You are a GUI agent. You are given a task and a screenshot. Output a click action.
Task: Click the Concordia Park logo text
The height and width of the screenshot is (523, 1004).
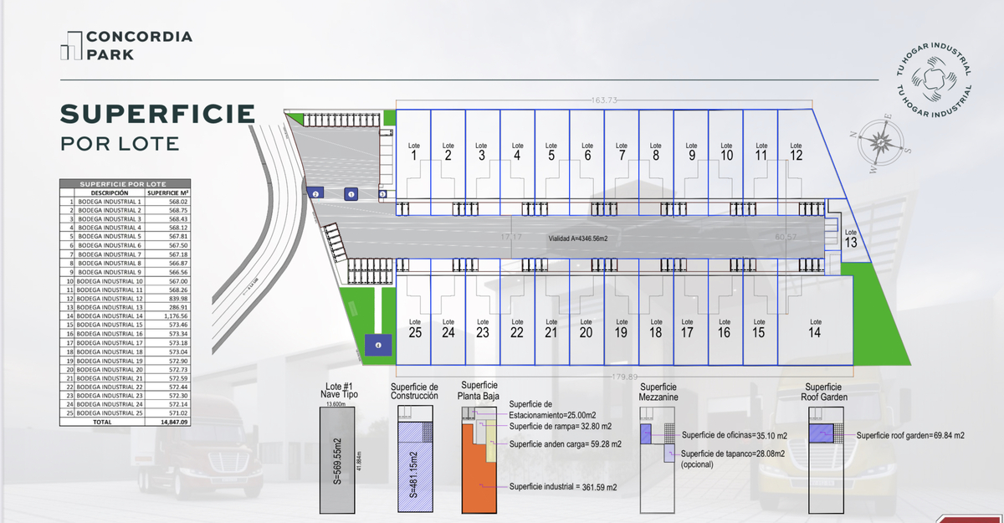click(x=139, y=45)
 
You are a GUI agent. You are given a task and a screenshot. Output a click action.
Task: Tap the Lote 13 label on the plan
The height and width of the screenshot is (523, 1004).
click(x=851, y=238)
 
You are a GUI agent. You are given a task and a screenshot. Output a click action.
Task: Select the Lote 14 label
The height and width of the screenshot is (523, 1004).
click(x=814, y=328)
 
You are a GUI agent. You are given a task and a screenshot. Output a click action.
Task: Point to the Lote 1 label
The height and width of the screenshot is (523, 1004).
click(x=414, y=151)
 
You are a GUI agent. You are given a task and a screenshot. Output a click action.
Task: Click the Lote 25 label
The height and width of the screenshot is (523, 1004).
click(x=414, y=328)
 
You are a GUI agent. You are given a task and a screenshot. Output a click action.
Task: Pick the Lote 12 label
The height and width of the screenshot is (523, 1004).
click(x=796, y=151)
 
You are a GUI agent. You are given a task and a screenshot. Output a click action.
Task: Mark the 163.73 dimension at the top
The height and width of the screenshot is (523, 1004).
click(x=604, y=100)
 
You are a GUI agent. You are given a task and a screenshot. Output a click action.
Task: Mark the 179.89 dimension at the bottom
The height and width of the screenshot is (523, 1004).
click(x=625, y=376)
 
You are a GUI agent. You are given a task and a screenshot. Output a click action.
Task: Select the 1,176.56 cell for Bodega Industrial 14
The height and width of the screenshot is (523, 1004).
click(x=174, y=316)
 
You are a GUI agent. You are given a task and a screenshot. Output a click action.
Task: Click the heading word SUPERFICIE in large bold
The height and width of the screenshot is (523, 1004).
click(x=156, y=114)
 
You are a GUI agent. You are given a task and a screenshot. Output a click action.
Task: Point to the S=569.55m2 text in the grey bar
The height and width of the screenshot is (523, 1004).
click(x=337, y=461)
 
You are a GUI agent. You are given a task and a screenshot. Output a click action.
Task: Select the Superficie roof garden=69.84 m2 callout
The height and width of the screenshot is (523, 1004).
click(x=910, y=436)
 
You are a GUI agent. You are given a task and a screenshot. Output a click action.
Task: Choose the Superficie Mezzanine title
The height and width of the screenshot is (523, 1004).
click(x=659, y=392)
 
